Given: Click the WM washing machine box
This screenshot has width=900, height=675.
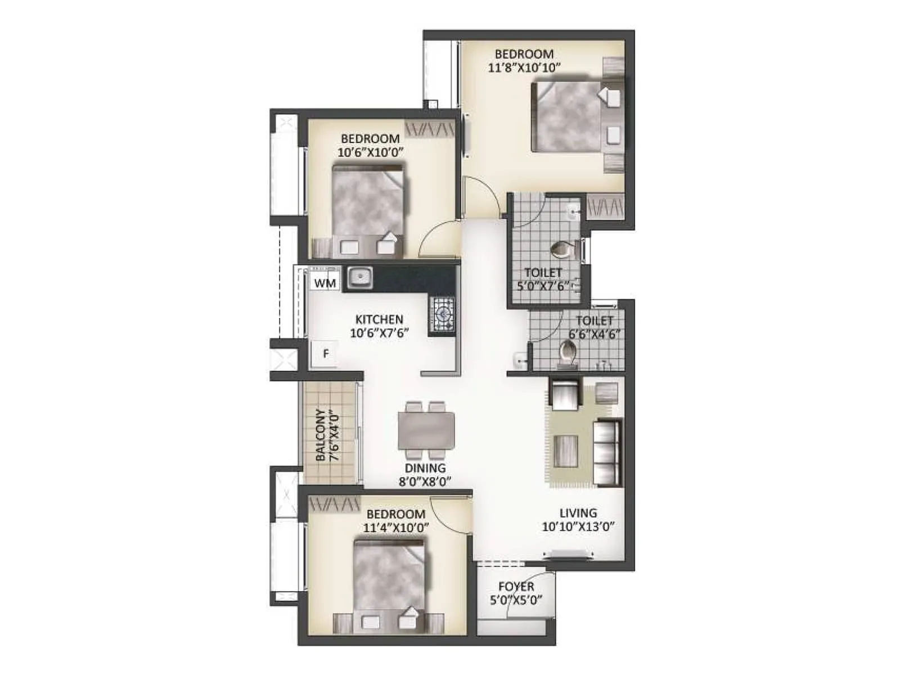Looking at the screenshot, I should click(x=325, y=282).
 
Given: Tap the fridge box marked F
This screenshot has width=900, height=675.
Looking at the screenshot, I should click(x=325, y=354).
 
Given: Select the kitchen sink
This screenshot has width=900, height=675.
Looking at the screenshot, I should click(x=359, y=277).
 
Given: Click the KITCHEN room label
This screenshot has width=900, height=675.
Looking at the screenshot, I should click(x=379, y=319).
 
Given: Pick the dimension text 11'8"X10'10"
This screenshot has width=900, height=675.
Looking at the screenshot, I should click(x=524, y=68).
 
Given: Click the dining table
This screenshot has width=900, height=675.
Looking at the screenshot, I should click(x=426, y=430).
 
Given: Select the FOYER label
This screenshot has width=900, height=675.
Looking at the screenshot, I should click(x=516, y=587).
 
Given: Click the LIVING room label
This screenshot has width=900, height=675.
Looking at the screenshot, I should click(x=578, y=513).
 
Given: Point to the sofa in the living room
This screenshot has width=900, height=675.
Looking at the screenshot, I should click(x=607, y=453).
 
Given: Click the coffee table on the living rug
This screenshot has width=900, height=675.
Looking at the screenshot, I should click(x=566, y=451).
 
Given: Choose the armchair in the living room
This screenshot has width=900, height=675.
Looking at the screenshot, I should click(x=565, y=395).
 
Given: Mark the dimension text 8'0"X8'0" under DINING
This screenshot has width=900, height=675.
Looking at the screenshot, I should click(x=425, y=482).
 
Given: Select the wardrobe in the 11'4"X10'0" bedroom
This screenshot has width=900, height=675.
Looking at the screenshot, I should click(x=334, y=504).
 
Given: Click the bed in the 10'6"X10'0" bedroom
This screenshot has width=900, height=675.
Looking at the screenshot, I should click(x=368, y=202).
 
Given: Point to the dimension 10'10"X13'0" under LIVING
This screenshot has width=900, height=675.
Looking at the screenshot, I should click(x=578, y=527).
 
